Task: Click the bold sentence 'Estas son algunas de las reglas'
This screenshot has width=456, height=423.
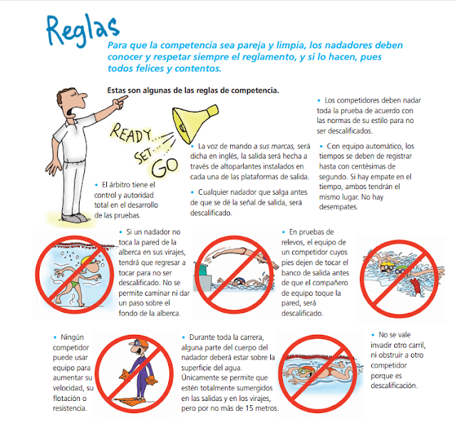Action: (x=192, y=90)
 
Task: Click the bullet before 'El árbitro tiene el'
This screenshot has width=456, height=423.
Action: (x=95, y=184)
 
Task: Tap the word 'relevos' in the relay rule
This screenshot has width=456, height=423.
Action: (x=299, y=242)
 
